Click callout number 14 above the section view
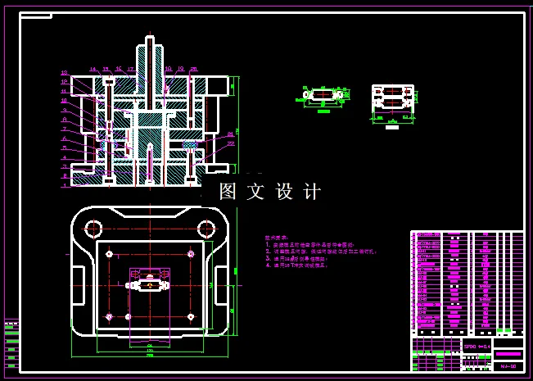(93, 69)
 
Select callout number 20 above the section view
(193, 69)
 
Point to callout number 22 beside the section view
(232, 143)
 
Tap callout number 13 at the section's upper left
(64, 73)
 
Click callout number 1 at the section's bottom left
(64, 185)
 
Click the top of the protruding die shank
(149, 39)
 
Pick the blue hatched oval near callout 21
(192, 143)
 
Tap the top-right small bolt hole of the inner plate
(191, 253)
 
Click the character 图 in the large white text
(228, 192)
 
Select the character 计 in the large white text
(312, 192)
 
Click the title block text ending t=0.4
(477, 347)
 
